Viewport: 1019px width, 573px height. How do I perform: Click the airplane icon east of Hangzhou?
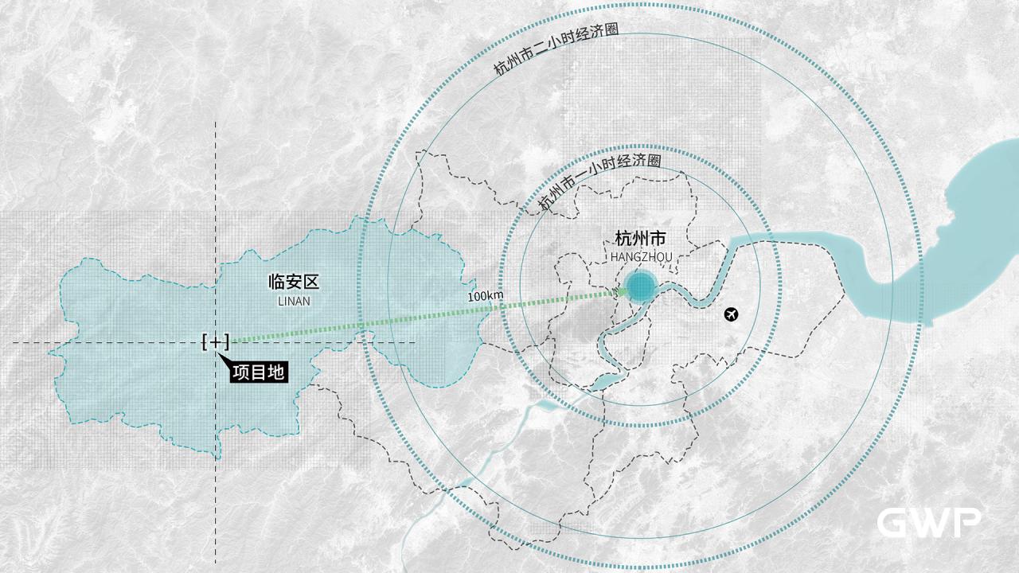(x=732, y=314)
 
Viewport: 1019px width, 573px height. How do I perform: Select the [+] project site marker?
(x=216, y=342)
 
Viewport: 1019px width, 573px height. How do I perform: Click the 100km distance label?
(x=485, y=296)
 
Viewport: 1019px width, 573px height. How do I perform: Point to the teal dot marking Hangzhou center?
(x=639, y=286)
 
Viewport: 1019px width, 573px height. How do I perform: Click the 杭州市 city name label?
(x=640, y=239)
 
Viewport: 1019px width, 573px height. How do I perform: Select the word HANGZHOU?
(x=641, y=257)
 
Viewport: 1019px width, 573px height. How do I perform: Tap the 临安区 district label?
(x=293, y=282)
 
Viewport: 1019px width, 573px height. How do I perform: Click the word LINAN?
(x=294, y=302)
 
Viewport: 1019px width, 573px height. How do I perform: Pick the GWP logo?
(x=928, y=523)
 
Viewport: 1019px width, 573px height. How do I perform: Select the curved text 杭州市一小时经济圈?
(x=599, y=182)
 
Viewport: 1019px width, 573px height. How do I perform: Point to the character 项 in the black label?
(x=241, y=372)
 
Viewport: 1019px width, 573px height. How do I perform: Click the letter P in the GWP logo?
(x=966, y=523)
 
